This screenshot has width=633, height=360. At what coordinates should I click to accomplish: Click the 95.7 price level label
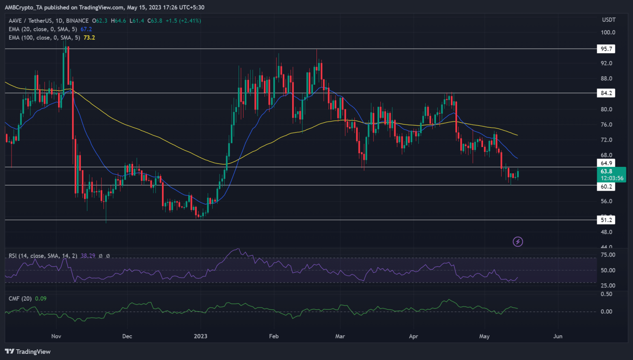(x=606, y=49)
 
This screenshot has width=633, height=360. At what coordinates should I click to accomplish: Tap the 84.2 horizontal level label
(x=606, y=93)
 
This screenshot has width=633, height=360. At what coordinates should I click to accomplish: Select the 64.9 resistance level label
(x=606, y=163)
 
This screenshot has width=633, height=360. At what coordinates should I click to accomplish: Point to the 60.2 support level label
(x=606, y=187)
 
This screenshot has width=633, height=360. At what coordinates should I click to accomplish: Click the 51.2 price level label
(x=606, y=220)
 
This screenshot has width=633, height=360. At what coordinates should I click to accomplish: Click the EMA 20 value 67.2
(x=86, y=29)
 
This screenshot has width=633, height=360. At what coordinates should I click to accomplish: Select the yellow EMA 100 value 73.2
(x=89, y=37)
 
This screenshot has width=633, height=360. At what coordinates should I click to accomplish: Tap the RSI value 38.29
(x=88, y=256)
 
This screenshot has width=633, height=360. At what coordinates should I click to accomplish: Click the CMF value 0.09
(x=41, y=299)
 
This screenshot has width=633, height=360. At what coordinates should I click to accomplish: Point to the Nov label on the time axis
(x=56, y=336)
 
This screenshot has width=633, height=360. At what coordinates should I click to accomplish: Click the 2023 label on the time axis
(x=201, y=336)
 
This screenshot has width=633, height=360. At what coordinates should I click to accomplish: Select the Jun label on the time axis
(x=558, y=336)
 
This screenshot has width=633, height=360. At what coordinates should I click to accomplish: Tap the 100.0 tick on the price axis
(x=608, y=33)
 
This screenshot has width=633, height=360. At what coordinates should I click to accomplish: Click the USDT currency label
(x=609, y=20)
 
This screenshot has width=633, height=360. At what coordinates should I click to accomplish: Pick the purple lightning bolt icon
(x=518, y=242)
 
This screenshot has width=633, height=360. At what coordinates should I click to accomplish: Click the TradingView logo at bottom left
(x=28, y=351)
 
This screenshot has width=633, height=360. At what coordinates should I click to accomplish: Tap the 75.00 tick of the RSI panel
(x=608, y=255)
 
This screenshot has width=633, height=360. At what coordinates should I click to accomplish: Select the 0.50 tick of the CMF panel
(x=606, y=294)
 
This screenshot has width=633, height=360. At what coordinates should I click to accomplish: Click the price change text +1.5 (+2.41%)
(x=183, y=21)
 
